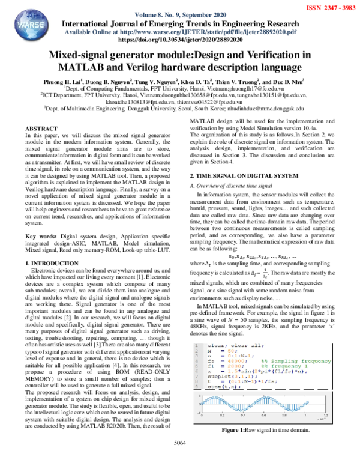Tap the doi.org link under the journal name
180,39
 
